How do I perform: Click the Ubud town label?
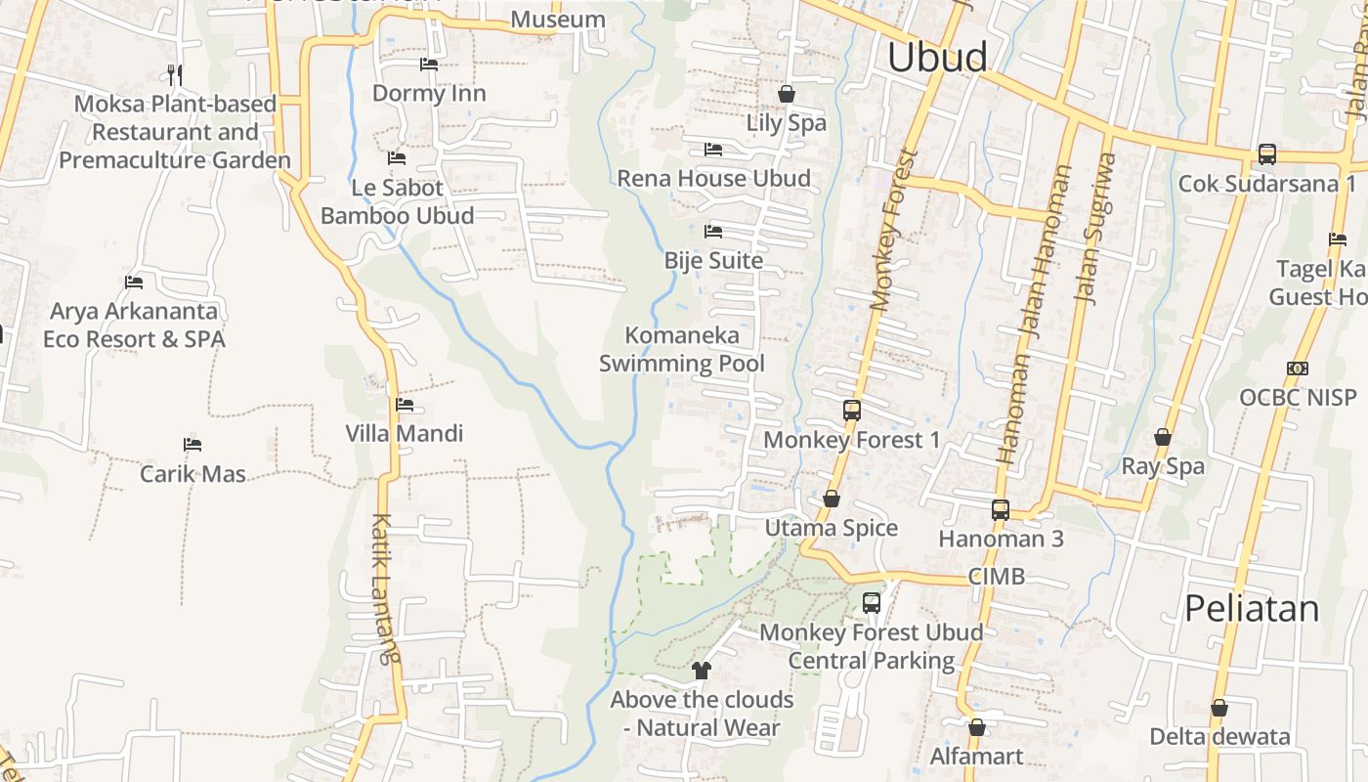(x=937, y=58)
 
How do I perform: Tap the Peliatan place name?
(x=1252, y=608)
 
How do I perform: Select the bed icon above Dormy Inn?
(x=428, y=65)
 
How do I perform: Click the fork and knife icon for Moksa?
(x=175, y=74)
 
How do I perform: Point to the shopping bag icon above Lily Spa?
(x=786, y=94)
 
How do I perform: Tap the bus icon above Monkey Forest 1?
(x=851, y=411)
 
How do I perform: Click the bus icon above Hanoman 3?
(x=1001, y=509)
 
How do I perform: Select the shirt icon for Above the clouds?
(x=701, y=671)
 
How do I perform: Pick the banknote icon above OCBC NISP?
(x=1298, y=369)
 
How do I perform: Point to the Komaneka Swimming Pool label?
(x=681, y=349)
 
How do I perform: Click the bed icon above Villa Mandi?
(x=405, y=405)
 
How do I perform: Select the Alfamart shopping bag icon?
(x=976, y=727)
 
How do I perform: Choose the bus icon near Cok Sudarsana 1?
(x=1266, y=154)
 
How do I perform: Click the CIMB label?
(x=997, y=576)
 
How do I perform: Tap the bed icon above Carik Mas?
(x=192, y=445)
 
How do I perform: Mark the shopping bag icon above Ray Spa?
(x=1163, y=437)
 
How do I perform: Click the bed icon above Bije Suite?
(x=713, y=232)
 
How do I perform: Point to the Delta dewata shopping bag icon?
(x=1218, y=708)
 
